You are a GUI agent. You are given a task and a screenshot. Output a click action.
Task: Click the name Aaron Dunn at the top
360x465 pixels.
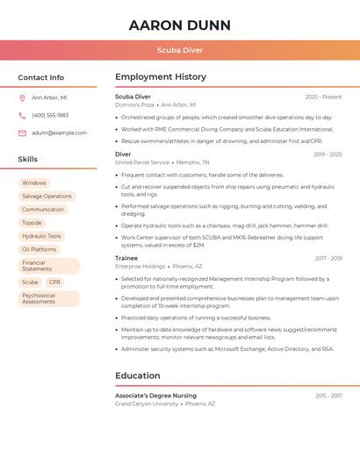click(x=179, y=25)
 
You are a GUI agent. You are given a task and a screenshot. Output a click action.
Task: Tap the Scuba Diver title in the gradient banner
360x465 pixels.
click(x=179, y=50)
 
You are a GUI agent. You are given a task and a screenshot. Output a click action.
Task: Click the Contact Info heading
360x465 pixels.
click(x=40, y=77)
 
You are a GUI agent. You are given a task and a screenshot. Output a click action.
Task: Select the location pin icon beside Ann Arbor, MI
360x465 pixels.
click(x=22, y=98)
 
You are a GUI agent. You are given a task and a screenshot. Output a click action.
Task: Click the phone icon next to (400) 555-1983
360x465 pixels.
click(x=22, y=116)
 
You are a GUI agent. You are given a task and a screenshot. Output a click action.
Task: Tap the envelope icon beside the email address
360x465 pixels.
click(x=22, y=133)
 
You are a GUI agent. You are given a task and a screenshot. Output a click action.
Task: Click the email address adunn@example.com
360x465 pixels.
click(x=59, y=133)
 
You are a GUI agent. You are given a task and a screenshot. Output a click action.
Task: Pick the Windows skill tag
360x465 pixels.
click(x=34, y=183)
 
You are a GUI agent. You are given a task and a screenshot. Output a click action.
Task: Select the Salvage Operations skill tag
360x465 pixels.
click(x=47, y=197)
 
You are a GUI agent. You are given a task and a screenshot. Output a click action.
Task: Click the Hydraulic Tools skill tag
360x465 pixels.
click(x=41, y=236)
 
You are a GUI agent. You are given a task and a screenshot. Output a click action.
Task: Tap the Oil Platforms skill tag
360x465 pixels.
click(x=39, y=249)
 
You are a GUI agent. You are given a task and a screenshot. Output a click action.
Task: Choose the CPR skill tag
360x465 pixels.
click(x=55, y=283)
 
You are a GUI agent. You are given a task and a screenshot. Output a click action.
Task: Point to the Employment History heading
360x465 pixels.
click(x=161, y=77)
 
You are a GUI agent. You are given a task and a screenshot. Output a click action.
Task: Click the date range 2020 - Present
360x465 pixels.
click(x=323, y=97)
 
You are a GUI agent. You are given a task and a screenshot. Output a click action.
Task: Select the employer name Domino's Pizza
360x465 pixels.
click(x=134, y=105)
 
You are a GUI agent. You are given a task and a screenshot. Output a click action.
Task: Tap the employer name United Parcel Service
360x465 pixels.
click(x=142, y=162)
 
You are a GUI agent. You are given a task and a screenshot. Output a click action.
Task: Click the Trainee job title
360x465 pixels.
click(x=126, y=259)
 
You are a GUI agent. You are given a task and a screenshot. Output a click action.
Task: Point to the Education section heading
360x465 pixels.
click(x=137, y=376)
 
